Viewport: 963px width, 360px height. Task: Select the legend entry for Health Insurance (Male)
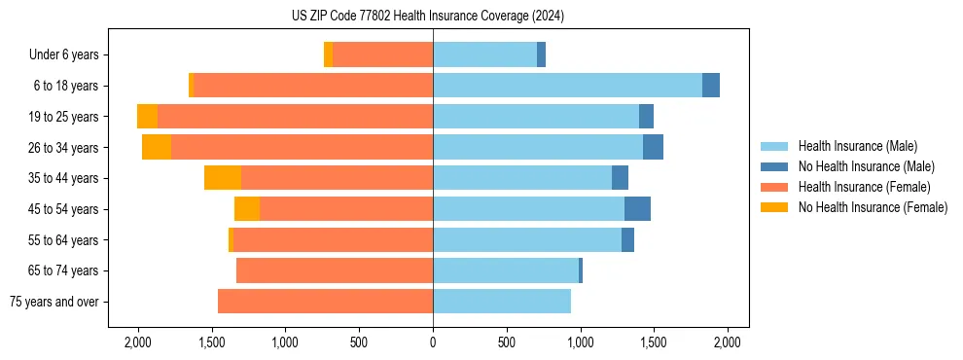(857, 146)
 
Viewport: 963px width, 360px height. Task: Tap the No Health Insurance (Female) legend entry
(873, 207)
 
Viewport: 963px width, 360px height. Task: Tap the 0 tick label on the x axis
(433, 342)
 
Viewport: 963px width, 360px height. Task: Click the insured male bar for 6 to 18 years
(567, 86)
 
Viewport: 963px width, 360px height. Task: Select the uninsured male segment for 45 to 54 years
(637, 209)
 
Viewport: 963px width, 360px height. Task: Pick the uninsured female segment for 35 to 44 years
(223, 178)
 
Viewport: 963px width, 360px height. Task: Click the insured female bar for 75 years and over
(325, 302)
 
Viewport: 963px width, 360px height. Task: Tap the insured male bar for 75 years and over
(502, 302)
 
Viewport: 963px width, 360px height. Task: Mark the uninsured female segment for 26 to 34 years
(157, 147)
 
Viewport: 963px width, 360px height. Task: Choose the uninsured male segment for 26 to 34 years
(653, 147)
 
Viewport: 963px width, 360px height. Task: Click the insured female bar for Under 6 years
(382, 54)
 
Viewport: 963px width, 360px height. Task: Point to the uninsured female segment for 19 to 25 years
(147, 117)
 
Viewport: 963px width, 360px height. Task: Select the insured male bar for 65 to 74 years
(506, 270)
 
